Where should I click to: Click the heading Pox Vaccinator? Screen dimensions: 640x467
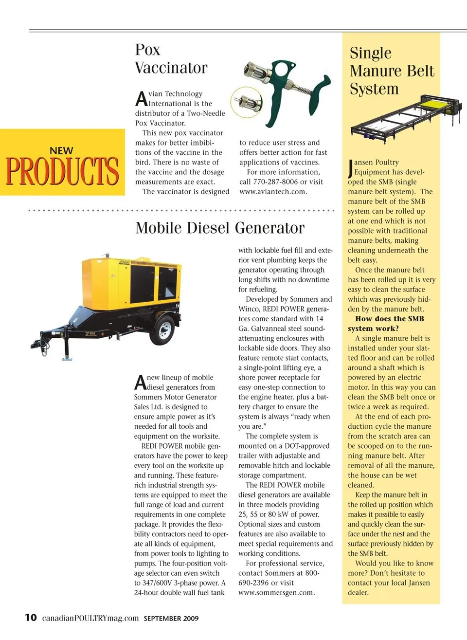[171, 58]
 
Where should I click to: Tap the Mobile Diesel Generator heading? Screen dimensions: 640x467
[220, 228]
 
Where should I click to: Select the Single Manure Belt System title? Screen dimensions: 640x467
[391, 71]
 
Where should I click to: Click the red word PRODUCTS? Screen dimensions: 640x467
[62, 171]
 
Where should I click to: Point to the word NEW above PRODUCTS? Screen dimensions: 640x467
[62, 151]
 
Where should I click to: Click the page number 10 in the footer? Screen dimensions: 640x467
[31, 618]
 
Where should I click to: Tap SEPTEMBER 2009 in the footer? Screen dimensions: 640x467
[171, 619]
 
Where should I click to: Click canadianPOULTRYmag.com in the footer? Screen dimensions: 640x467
[90, 618]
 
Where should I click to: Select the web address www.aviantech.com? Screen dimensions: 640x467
[273, 192]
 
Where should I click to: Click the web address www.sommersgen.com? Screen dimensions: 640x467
[276, 593]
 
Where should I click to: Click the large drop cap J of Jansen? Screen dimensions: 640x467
[351, 168]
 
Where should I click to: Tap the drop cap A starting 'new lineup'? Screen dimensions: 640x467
[140, 383]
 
